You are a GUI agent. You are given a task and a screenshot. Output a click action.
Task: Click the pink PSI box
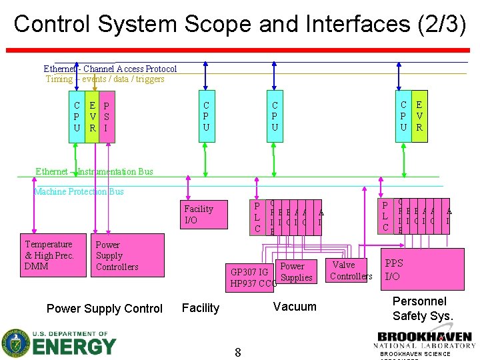tap(106, 117)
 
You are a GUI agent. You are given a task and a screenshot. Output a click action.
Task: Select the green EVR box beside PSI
tap(93, 117)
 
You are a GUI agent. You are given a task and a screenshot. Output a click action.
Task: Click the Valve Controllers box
tap(350, 271)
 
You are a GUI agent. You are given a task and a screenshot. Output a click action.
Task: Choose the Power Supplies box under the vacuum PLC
tap(294, 271)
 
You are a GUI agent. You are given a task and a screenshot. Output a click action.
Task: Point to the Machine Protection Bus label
tap(79, 192)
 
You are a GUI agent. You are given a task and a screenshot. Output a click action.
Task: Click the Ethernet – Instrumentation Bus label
tap(94, 171)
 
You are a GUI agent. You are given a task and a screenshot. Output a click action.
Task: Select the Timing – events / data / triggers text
tap(105, 79)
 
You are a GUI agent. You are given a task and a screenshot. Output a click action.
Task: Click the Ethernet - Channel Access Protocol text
tap(110, 69)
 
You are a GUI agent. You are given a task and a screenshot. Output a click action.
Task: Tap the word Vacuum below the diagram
tap(295, 306)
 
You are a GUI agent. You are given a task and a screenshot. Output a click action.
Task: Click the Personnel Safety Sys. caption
tap(423, 309)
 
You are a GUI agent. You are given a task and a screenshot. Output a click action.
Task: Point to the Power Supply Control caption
tap(104, 309)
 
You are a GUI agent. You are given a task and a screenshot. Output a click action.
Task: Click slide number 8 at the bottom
tap(237, 352)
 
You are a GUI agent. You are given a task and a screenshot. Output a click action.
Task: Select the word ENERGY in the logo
tap(75, 347)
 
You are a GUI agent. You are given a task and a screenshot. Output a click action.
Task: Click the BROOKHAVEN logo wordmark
tap(425, 337)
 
